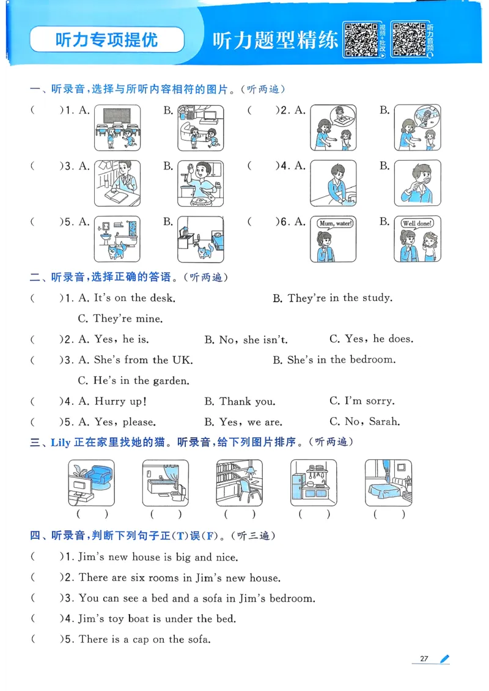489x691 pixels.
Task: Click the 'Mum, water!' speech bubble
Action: tap(334, 223)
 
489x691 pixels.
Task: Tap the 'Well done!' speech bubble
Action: tap(417, 223)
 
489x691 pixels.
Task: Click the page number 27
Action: tap(424, 659)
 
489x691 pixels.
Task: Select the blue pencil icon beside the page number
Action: tap(444, 659)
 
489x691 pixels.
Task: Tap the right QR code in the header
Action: tap(409, 40)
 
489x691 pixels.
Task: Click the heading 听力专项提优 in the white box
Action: tap(106, 40)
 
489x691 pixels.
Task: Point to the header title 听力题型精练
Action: tap(275, 40)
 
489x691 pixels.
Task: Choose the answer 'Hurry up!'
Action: tap(120, 401)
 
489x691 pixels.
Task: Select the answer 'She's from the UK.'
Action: tap(143, 360)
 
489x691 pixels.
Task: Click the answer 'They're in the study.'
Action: tap(340, 298)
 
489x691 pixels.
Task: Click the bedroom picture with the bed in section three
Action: tap(388, 483)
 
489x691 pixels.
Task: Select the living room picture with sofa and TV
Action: tap(91, 483)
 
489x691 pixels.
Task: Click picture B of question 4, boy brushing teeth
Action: tap(417, 183)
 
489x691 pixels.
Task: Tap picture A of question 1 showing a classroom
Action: tap(117, 128)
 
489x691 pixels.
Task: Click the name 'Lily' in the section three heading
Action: tap(61, 442)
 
